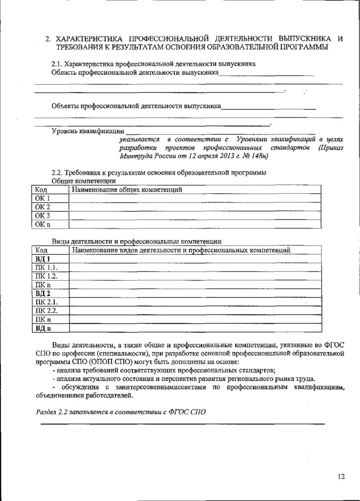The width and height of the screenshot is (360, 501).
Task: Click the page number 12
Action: tap(341, 476)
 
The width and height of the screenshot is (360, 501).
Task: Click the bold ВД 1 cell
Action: tap(43, 259)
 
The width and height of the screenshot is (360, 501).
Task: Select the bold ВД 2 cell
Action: tap(43, 293)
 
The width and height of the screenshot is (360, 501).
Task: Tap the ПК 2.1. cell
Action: tap(46, 302)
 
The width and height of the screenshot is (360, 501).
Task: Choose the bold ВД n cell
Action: tap(43, 328)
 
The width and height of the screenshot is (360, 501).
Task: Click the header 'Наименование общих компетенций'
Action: tap(127, 189)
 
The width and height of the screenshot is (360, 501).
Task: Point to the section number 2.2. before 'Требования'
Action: tap(57, 173)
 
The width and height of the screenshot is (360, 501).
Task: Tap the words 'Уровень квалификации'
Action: tap(88, 131)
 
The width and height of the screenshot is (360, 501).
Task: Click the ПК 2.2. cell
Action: tap(46, 311)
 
